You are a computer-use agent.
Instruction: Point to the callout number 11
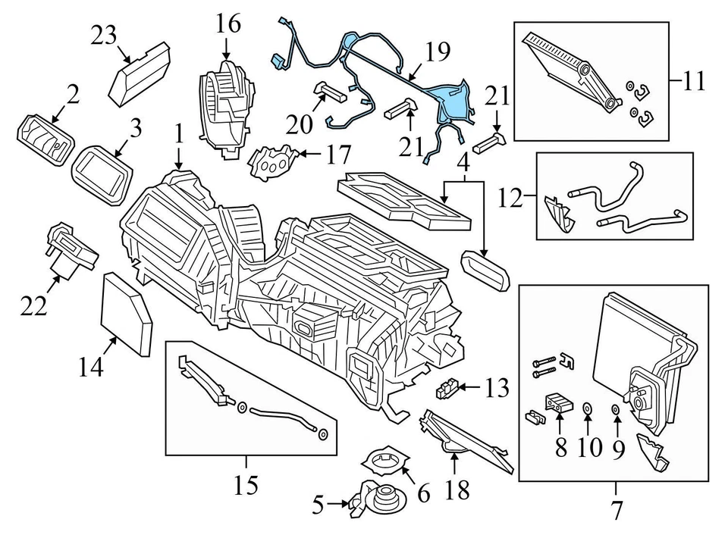click(692, 80)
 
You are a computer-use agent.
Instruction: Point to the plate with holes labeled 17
click(272, 160)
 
